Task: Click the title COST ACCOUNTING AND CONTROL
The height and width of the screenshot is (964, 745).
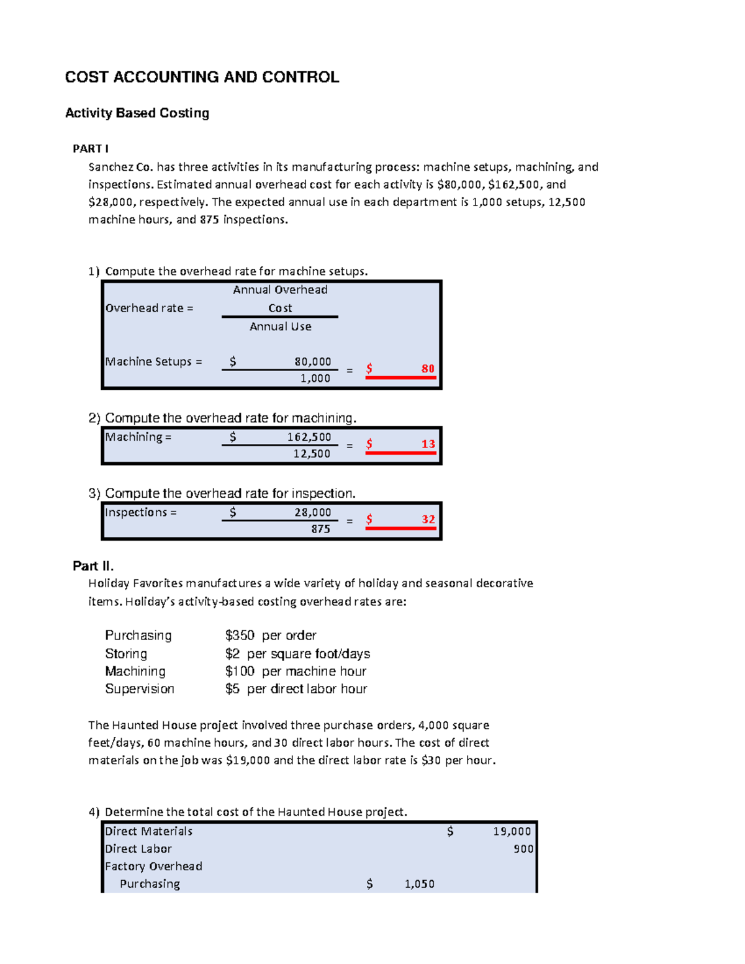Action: (202, 77)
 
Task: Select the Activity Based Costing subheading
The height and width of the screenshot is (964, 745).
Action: (137, 113)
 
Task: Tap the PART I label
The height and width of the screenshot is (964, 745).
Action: (91, 148)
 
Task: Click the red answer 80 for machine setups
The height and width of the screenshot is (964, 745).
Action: (428, 369)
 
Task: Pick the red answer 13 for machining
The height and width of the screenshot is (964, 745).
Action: (428, 444)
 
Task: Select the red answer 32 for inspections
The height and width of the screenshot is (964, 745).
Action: (428, 519)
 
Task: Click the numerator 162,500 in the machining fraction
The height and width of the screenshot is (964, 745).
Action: (309, 437)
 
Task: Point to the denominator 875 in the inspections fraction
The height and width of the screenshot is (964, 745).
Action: (320, 529)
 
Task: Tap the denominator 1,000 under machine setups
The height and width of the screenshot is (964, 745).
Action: (315, 378)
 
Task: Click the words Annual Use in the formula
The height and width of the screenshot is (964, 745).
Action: (280, 327)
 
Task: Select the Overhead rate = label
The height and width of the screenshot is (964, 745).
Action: (149, 308)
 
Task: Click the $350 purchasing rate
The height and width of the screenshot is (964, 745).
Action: (240, 635)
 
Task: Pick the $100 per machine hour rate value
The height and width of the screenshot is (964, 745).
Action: (240, 671)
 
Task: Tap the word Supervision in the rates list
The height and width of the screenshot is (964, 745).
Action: (140, 688)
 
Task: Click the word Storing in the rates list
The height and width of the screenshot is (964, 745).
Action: (126, 654)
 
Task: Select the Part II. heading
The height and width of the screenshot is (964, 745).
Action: (93, 565)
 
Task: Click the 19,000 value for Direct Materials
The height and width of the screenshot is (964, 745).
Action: (512, 831)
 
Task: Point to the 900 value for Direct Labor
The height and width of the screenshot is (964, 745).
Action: (523, 849)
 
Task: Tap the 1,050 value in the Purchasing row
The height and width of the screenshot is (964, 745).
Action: (419, 884)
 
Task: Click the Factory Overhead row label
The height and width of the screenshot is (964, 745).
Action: (153, 866)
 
